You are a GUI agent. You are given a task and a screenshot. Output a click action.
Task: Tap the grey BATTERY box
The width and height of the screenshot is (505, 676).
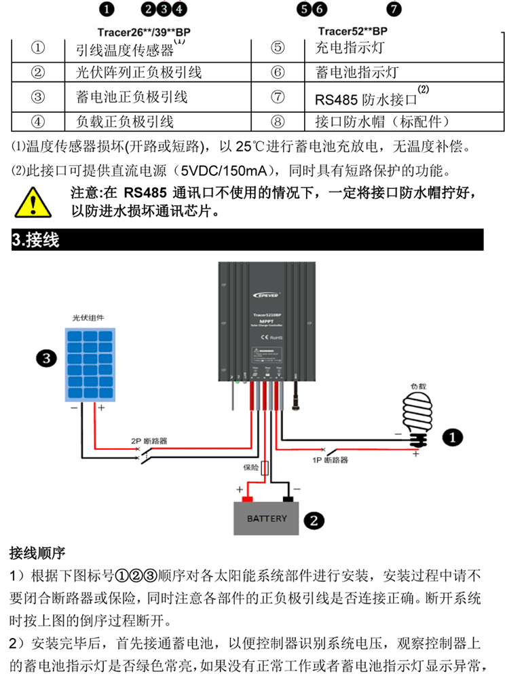pyautogui.click(x=266, y=518)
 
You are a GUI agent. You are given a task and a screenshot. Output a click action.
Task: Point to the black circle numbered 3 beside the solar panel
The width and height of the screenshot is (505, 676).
pyautogui.click(x=45, y=359)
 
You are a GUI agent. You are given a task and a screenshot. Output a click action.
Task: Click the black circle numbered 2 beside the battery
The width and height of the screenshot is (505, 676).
pyautogui.click(x=313, y=520)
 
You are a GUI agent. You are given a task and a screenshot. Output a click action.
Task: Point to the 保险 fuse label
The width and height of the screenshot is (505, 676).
pyautogui.click(x=250, y=467)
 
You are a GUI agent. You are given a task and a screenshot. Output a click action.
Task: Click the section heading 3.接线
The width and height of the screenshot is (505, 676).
pyautogui.click(x=37, y=240)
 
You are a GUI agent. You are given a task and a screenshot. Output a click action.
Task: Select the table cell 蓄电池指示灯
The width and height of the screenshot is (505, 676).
pyautogui.click(x=357, y=72)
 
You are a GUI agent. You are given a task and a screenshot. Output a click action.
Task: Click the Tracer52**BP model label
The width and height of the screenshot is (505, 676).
pyautogui.click(x=353, y=31)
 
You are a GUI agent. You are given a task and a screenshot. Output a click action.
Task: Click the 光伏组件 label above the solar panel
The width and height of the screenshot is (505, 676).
pyautogui.click(x=88, y=318)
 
